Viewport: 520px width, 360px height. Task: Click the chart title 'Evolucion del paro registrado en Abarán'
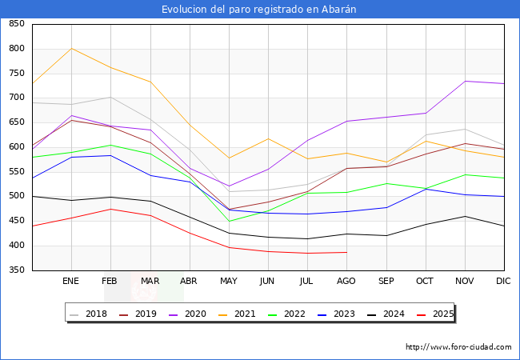tap(259, 10)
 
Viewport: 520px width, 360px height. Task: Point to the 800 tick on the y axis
tap(16, 49)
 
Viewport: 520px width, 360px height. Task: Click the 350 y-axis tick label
tap(16, 270)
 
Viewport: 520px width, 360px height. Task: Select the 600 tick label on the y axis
tap(16, 147)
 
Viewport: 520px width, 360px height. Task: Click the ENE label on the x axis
tap(71, 282)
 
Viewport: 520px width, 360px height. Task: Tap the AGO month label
tap(346, 282)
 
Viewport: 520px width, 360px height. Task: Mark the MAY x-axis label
tap(229, 282)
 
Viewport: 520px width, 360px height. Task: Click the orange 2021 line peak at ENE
tap(71, 48)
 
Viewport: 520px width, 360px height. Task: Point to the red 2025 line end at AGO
tap(346, 252)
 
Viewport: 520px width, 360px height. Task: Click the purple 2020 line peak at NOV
tap(465, 81)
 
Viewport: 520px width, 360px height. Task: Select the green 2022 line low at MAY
tap(229, 222)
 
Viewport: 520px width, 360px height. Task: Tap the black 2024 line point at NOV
tap(465, 216)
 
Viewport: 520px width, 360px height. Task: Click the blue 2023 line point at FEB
tap(110, 155)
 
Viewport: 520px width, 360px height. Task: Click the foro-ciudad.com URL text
tap(458, 347)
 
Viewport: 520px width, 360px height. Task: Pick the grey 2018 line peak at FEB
tap(110, 97)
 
